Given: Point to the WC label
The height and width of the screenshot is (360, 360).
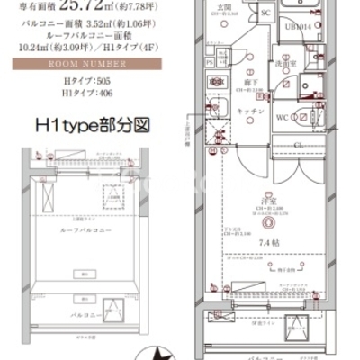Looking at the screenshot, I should click(281, 118).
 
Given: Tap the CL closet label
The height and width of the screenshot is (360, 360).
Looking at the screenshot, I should click(297, 142).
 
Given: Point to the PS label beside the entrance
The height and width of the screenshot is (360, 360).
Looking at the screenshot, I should click(211, 62).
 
